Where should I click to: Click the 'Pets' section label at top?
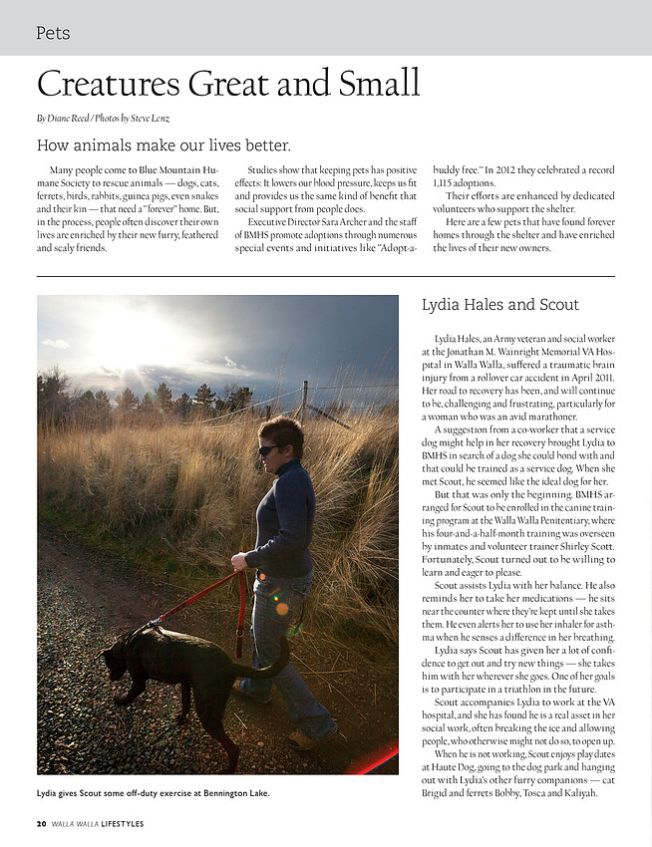(x=53, y=33)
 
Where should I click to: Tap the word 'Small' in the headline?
(x=372, y=84)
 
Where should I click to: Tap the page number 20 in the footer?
(x=41, y=823)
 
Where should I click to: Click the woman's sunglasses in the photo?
(x=269, y=449)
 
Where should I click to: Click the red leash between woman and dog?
(x=194, y=603)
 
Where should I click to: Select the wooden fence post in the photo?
(x=304, y=400)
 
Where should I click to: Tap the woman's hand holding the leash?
(x=239, y=562)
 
